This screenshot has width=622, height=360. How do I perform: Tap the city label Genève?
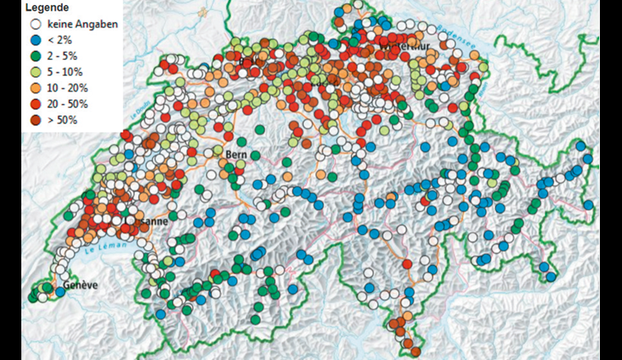80,286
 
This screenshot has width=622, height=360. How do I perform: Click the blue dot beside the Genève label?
60,292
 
